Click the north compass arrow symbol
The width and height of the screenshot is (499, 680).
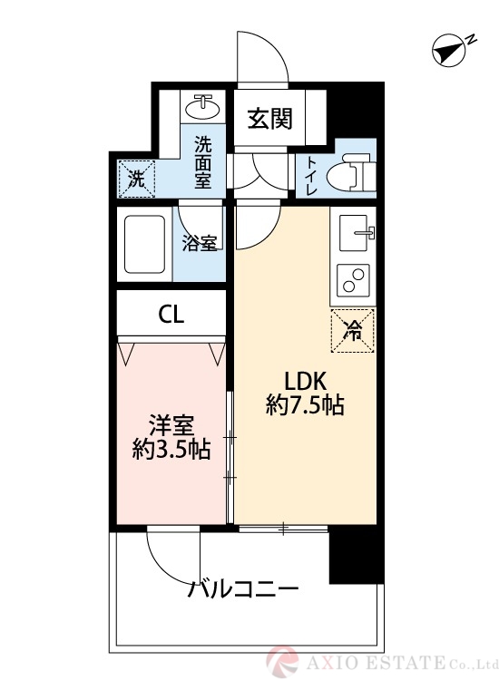pyautogui.click(x=449, y=50)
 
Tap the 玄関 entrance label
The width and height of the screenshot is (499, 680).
pyautogui.click(x=269, y=118)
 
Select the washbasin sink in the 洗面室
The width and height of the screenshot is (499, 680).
pyautogui.click(x=203, y=106)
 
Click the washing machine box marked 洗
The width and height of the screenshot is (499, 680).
pyautogui.click(x=137, y=179)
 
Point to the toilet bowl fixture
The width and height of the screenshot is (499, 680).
pyautogui.click(x=348, y=171)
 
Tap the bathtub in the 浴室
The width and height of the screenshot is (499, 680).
pyautogui.click(x=145, y=244)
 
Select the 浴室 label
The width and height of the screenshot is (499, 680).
pyautogui.click(x=200, y=243)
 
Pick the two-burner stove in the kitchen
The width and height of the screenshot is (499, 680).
pyautogui.click(x=353, y=280)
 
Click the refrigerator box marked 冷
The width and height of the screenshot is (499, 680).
pyautogui.click(x=352, y=330)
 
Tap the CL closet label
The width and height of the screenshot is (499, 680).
pyautogui.click(x=171, y=315)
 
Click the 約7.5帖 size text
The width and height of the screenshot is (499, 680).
pyautogui.click(x=305, y=406)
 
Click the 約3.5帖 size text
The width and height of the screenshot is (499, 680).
pyautogui.click(x=171, y=450)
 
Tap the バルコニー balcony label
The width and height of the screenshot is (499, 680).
pyautogui.click(x=243, y=590)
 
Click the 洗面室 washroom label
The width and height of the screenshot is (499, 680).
pyautogui.click(x=202, y=162)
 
